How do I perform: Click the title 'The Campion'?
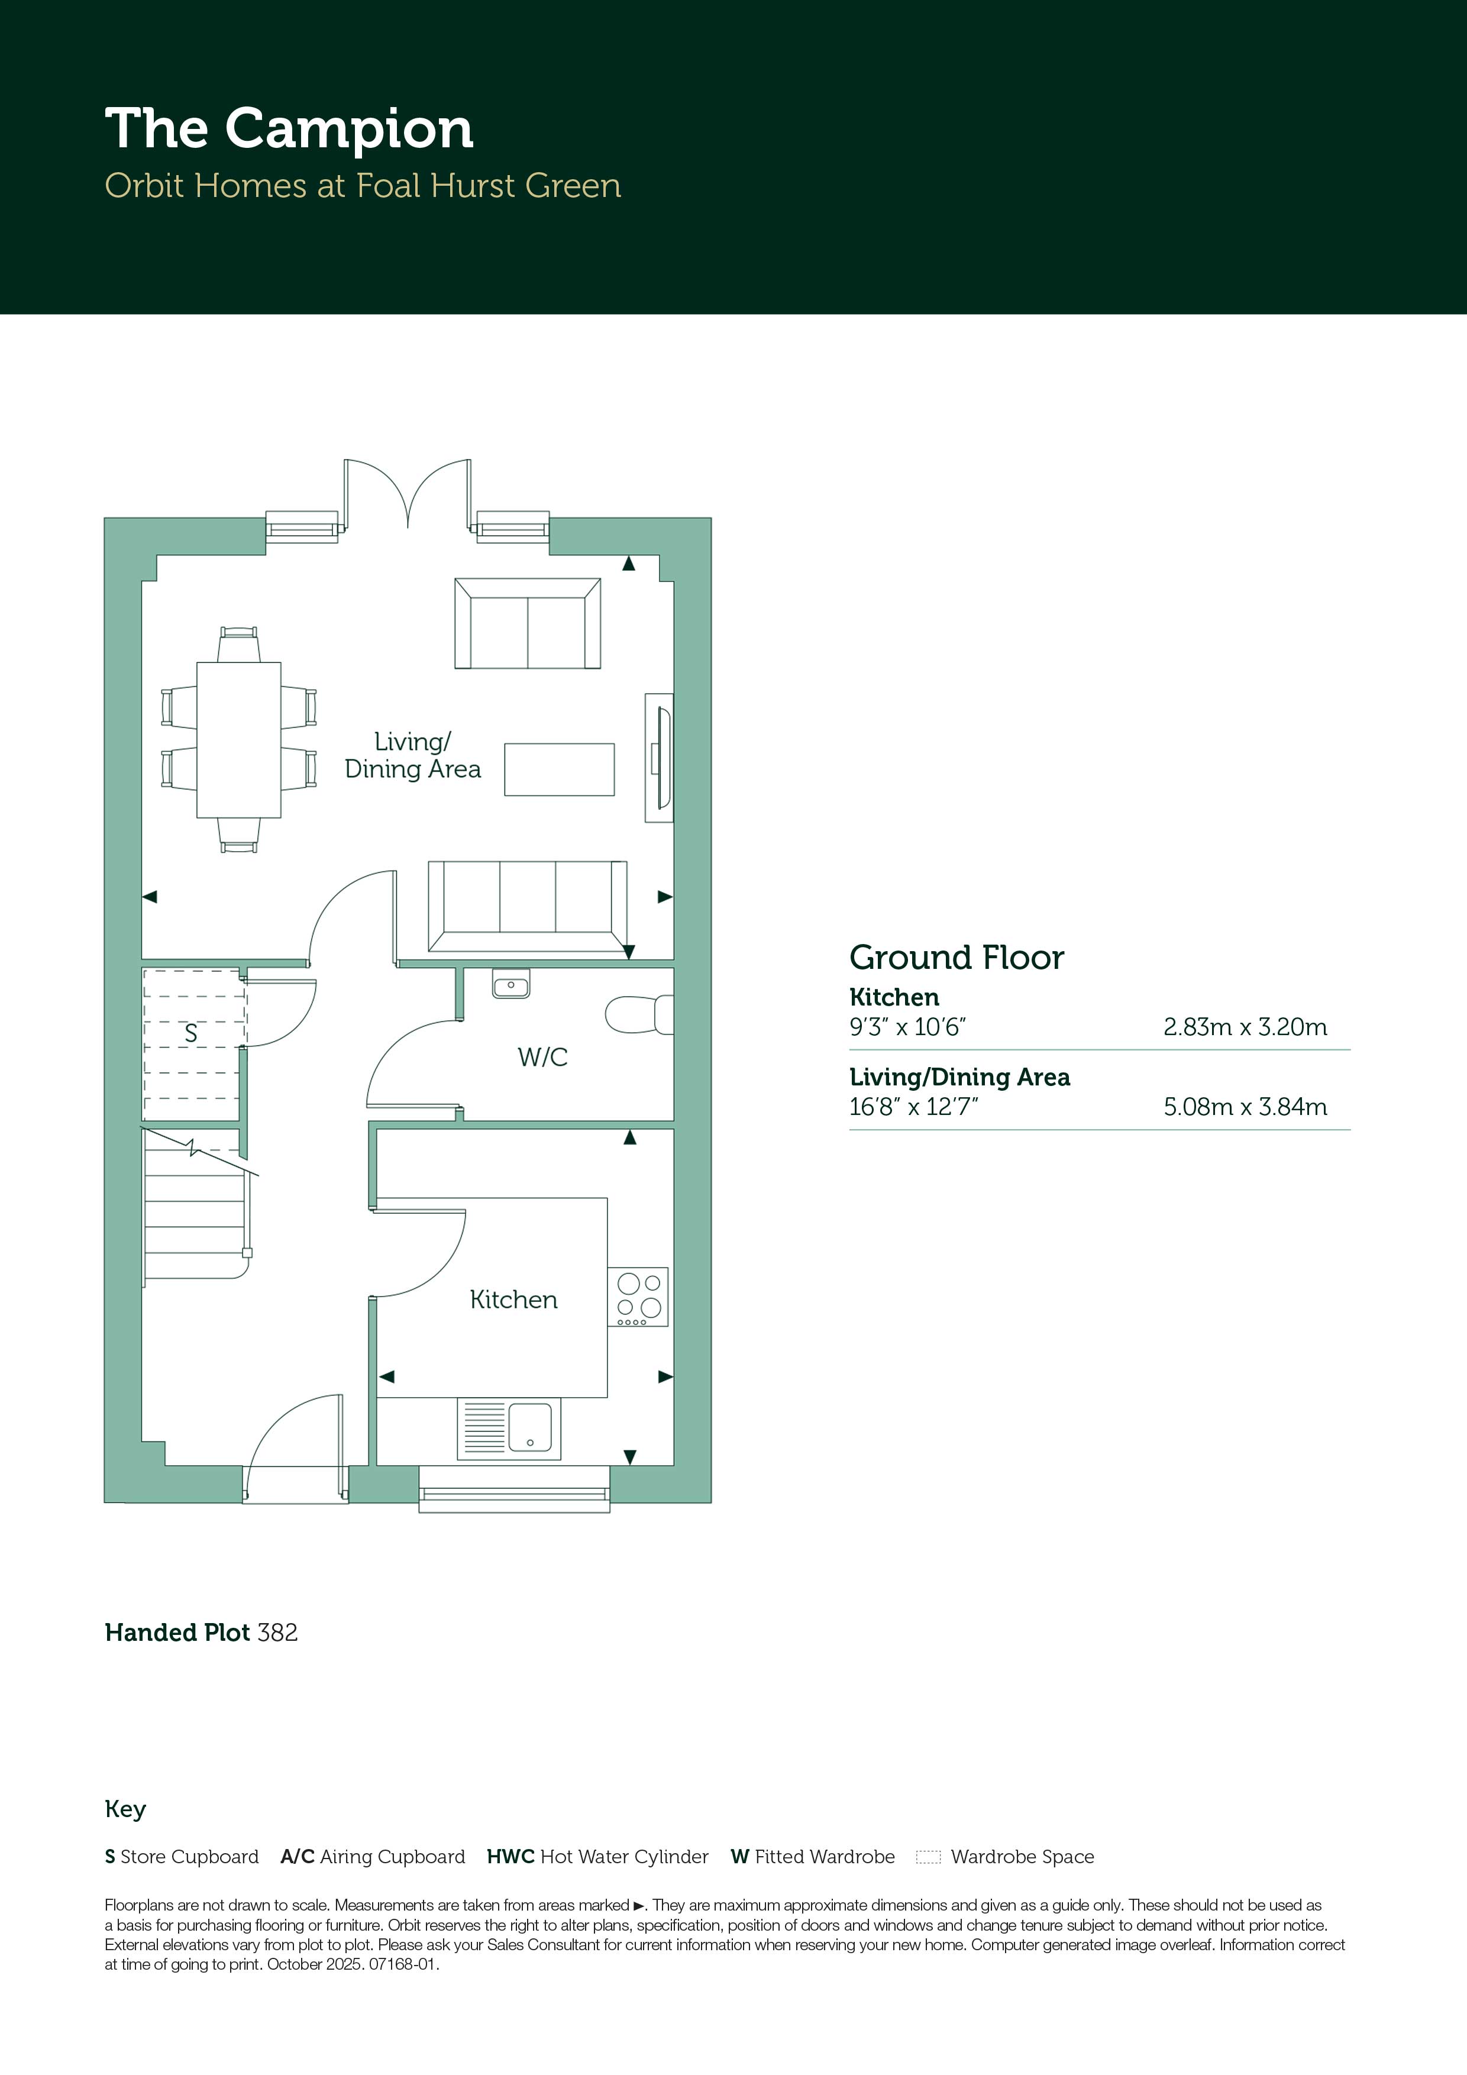pyautogui.click(x=289, y=129)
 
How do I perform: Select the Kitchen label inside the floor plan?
pyautogui.click(x=513, y=1300)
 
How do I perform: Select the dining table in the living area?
pyautogui.click(x=238, y=739)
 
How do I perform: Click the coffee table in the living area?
pyautogui.click(x=560, y=769)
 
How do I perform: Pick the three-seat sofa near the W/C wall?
pyautogui.click(x=528, y=906)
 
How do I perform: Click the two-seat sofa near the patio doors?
pyautogui.click(x=528, y=623)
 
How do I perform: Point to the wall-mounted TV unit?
pyautogui.click(x=659, y=757)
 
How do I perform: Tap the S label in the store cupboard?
pyautogui.click(x=190, y=1033)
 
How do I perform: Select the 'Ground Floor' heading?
pyautogui.click(x=957, y=957)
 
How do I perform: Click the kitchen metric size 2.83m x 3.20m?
pyautogui.click(x=1245, y=1027)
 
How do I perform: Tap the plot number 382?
pyautogui.click(x=277, y=1632)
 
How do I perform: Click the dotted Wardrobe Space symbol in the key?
pyautogui.click(x=928, y=1857)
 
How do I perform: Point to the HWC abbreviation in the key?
pyautogui.click(x=510, y=1857)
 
